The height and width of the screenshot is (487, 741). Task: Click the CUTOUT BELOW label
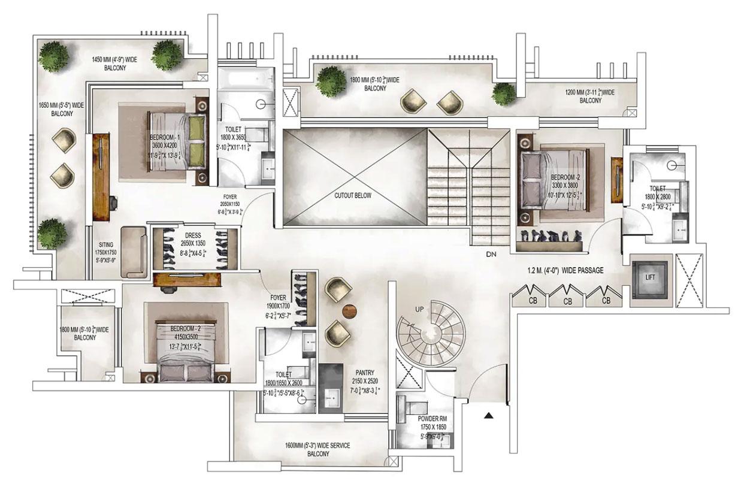[x=353, y=196]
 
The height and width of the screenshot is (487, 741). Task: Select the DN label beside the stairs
[x=492, y=255]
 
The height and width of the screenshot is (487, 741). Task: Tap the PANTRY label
[x=364, y=373]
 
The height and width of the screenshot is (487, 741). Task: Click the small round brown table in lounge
[x=349, y=310]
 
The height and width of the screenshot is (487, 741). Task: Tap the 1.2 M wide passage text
[x=565, y=271]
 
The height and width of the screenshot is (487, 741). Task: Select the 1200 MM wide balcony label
[x=590, y=96]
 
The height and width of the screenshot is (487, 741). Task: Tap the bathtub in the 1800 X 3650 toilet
[x=244, y=80]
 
